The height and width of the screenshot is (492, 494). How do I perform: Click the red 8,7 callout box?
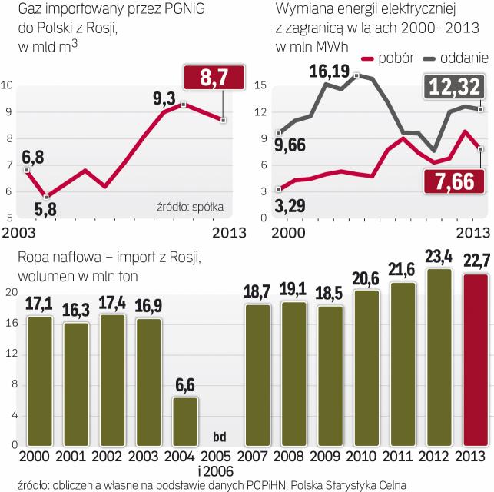[x=214, y=78]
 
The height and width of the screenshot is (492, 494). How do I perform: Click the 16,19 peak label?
[x=327, y=72]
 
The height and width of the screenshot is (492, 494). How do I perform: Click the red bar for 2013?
[x=476, y=359]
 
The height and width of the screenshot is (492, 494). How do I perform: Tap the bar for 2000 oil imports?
[x=39, y=381]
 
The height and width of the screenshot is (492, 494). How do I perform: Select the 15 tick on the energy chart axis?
[x=260, y=85]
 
